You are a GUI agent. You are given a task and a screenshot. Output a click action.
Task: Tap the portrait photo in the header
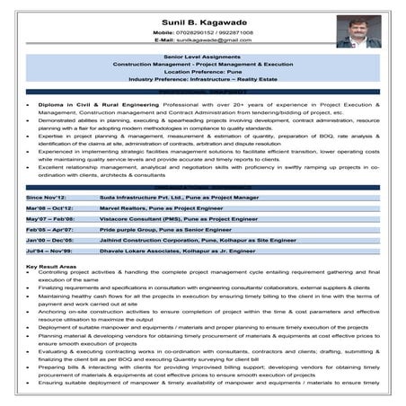click(358, 31)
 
